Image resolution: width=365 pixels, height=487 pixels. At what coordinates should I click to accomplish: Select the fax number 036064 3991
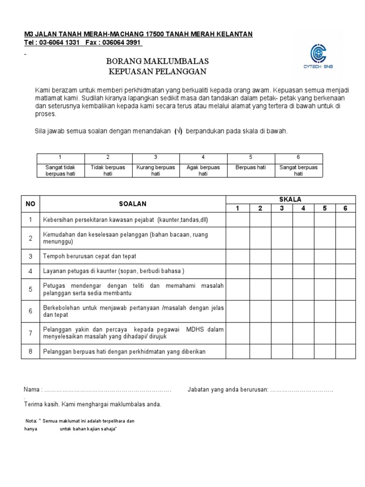(x=123, y=43)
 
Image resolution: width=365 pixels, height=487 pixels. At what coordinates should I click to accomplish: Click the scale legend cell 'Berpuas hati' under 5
(x=251, y=168)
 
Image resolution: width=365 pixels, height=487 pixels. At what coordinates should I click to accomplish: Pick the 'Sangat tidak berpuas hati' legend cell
(x=60, y=171)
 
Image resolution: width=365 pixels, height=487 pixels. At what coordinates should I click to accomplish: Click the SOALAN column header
(x=133, y=204)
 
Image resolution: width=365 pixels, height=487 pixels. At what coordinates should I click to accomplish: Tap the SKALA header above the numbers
(x=291, y=199)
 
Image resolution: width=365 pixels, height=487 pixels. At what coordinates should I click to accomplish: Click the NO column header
(x=30, y=204)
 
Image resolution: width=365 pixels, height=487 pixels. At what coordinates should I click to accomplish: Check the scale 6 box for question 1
(x=345, y=220)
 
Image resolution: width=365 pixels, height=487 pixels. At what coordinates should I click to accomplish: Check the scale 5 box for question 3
(x=325, y=256)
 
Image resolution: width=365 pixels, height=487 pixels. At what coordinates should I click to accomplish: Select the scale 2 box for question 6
(x=260, y=311)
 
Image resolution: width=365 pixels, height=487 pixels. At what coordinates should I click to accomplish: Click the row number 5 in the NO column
(x=30, y=289)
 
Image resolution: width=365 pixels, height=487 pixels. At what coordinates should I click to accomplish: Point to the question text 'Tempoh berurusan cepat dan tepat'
(x=89, y=256)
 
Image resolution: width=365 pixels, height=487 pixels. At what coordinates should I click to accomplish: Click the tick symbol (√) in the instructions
(x=178, y=131)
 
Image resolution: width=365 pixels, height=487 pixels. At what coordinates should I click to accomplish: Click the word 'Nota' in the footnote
(x=30, y=421)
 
